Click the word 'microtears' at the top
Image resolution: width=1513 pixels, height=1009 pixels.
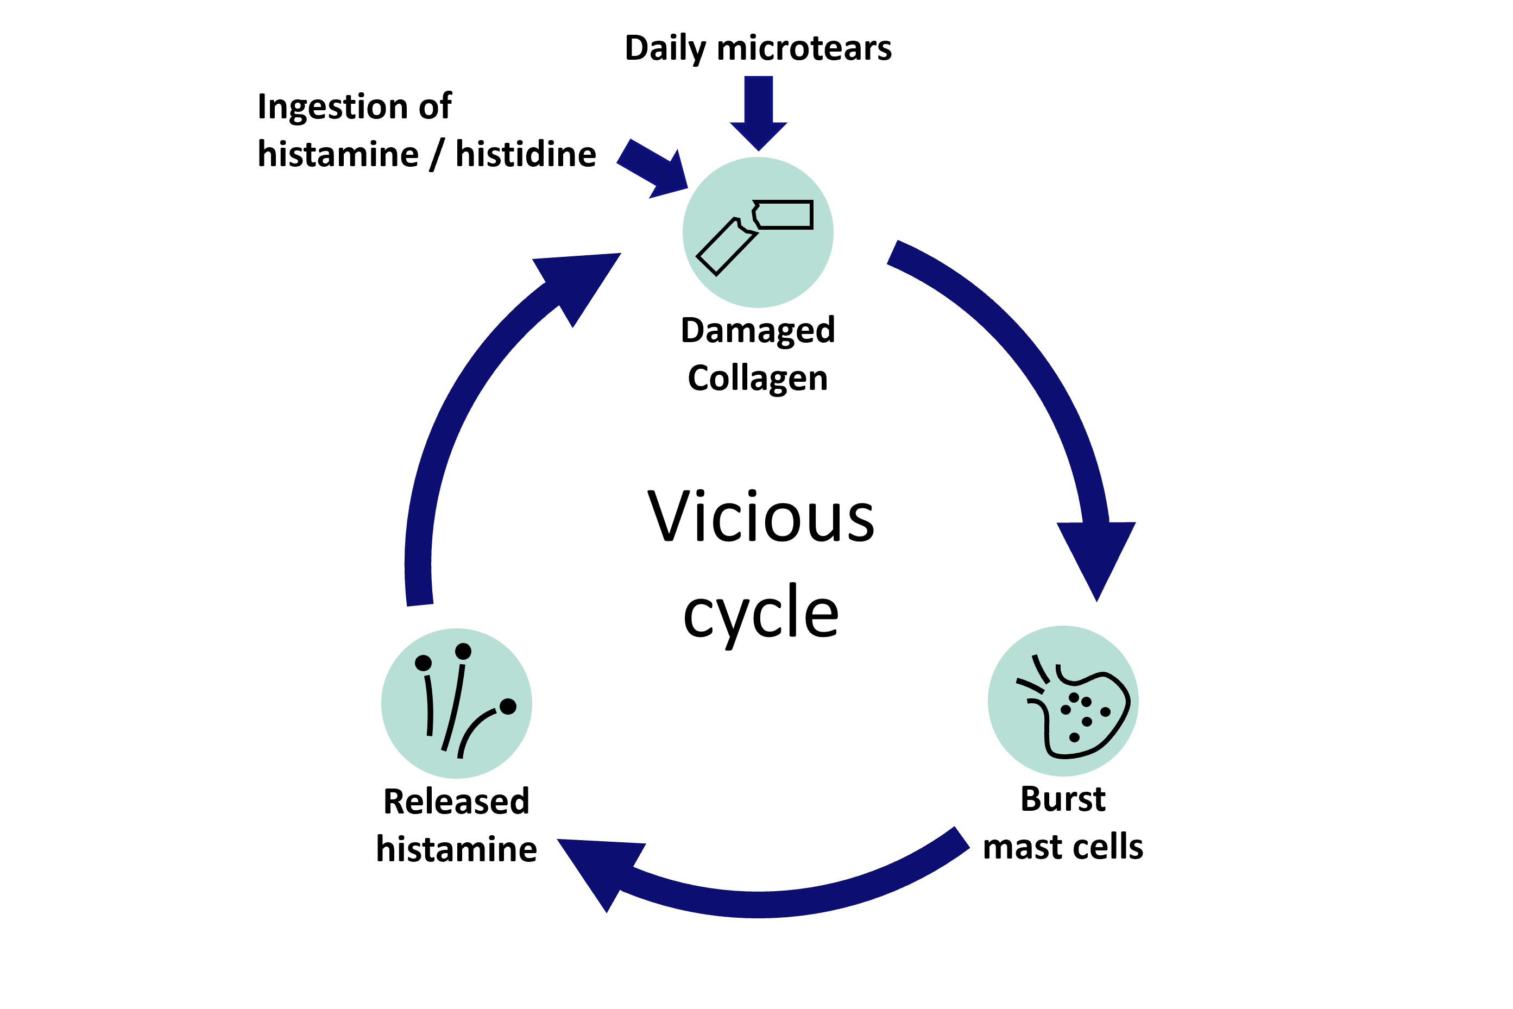pos(804,49)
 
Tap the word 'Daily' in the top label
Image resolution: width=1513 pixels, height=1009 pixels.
pos(665,49)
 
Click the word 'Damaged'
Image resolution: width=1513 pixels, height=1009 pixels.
pos(758,331)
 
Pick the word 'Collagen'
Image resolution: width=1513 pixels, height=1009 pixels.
pos(758,379)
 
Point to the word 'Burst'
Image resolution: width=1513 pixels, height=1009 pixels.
pos(1063,799)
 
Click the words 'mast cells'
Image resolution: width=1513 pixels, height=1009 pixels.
pos(1063,847)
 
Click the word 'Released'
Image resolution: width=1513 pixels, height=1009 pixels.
pos(456,802)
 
